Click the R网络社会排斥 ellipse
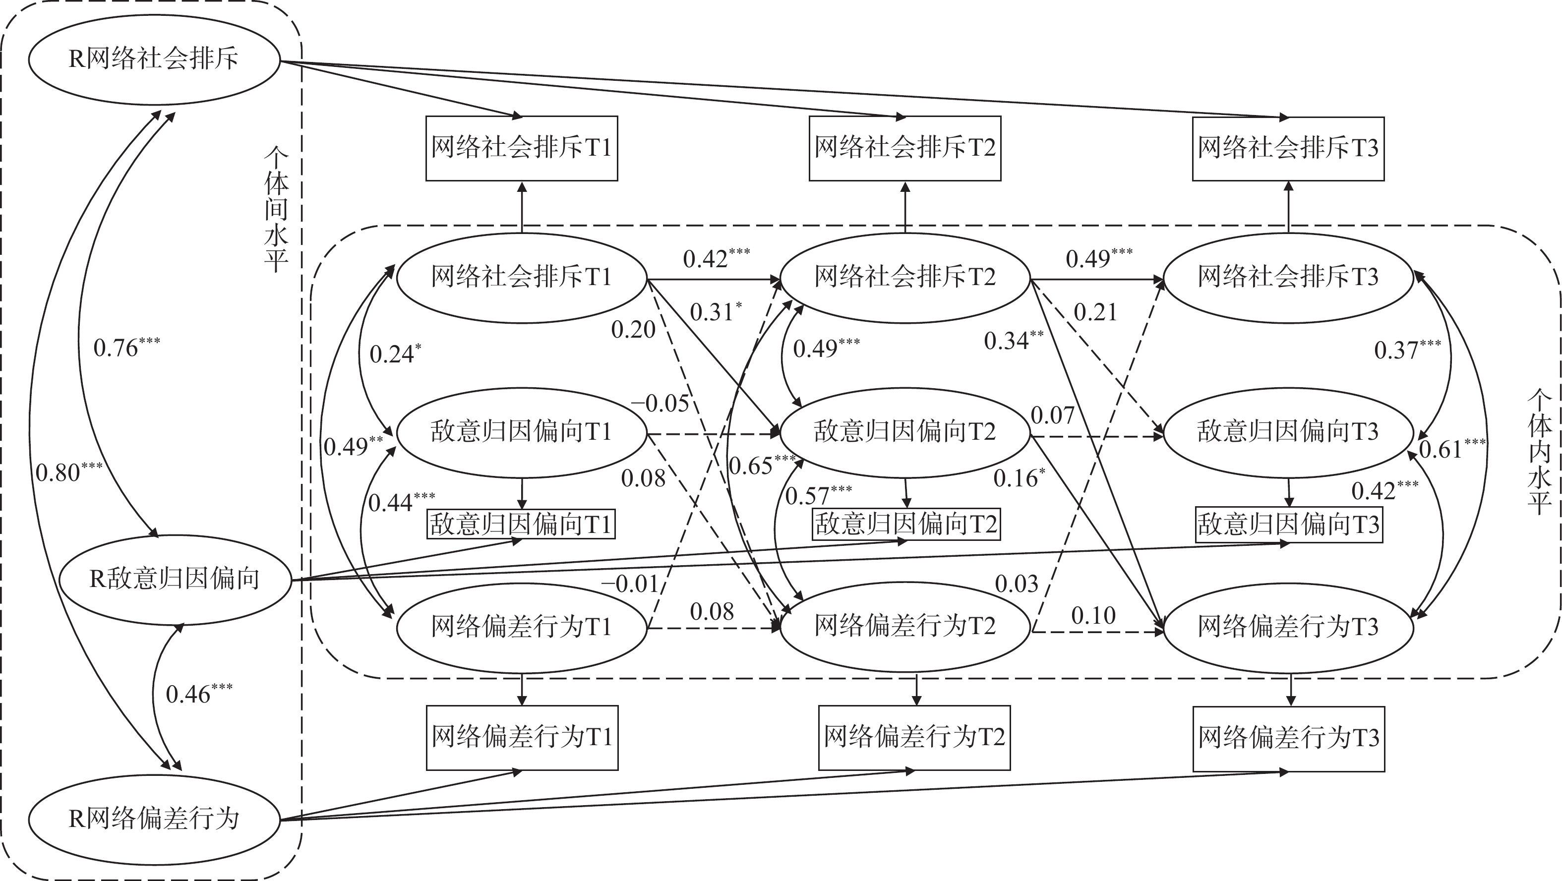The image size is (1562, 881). point(153,59)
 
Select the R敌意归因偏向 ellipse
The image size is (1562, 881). point(175,580)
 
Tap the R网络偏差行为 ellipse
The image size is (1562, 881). point(153,819)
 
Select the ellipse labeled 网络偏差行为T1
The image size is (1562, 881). point(522,627)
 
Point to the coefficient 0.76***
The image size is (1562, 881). point(126,348)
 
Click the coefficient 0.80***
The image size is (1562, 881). point(68,471)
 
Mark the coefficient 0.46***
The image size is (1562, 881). point(198,694)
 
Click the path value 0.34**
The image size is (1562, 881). point(1013,341)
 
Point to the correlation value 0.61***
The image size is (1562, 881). point(1451,449)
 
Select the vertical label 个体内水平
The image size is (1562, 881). point(1539,452)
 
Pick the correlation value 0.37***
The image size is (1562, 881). point(1407,350)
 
